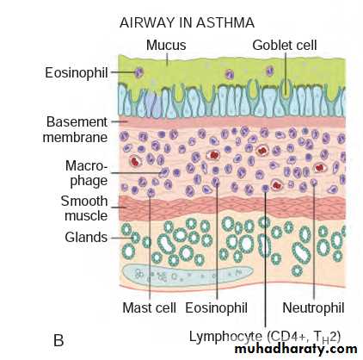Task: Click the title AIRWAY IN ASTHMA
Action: click(x=187, y=22)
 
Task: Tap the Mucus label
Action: click(x=166, y=45)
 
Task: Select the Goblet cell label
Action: click(x=285, y=45)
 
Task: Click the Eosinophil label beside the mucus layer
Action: click(x=77, y=72)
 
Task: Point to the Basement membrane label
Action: click(x=76, y=129)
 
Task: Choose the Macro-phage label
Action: click(x=87, y=173)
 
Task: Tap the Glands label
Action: click(x=86, y=238)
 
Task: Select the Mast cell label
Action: click(x=149, y=307)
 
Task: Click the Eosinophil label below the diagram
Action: click(x=216, y=307)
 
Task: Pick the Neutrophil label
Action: click(x=313, y=307)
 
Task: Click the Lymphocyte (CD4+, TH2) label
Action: click(x=265, y=337)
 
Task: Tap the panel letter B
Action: click(x=58, y=340)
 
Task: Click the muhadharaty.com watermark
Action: click(x=296, y=349)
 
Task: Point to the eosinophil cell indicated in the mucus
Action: click(x=139, y=72)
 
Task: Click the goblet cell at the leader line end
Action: click(x=285, y=89)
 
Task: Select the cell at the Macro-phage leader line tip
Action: click(x=164, y=172)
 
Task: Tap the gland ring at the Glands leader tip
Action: click(x=135, y=238)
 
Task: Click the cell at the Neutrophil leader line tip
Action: click(x=314, y=182)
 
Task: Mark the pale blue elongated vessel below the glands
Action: click(x=188, y=276)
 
